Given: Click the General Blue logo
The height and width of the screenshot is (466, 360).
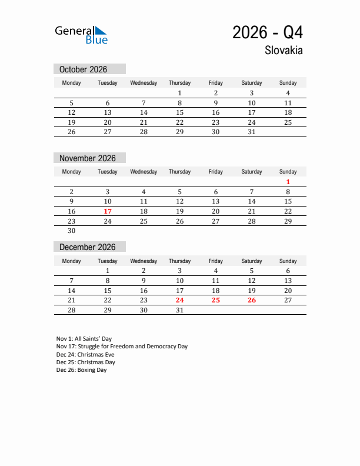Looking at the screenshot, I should [81, 35].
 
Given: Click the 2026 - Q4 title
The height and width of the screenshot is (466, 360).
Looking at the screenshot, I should [268, 32].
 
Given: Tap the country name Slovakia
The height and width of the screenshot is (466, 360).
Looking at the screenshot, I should [284, 51].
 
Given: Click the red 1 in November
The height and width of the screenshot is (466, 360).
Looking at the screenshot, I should [288, 182].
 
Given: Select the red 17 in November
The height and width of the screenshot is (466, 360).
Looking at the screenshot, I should [108, 211].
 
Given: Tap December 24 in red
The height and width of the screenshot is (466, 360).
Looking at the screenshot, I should [179, 300].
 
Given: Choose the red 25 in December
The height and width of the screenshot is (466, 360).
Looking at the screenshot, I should [216, 300].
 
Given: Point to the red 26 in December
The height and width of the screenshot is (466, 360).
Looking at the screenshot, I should [252, 300].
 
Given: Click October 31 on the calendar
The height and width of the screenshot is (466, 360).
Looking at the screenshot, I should [252, 132].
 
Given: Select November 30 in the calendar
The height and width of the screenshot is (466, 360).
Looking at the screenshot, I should [72, 231].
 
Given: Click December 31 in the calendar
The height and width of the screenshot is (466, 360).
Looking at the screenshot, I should [179, 310].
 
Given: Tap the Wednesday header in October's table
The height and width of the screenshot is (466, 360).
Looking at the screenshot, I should [144, 83].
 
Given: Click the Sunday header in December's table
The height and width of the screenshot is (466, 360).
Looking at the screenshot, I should [288, 261].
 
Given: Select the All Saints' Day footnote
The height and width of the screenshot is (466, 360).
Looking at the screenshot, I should [84, 339].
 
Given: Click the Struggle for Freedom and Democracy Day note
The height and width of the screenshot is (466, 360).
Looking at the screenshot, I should [122, 347].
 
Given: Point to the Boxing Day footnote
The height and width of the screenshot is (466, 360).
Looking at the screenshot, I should [82, 370].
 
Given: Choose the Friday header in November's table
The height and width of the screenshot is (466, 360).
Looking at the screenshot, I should [216, 172].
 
